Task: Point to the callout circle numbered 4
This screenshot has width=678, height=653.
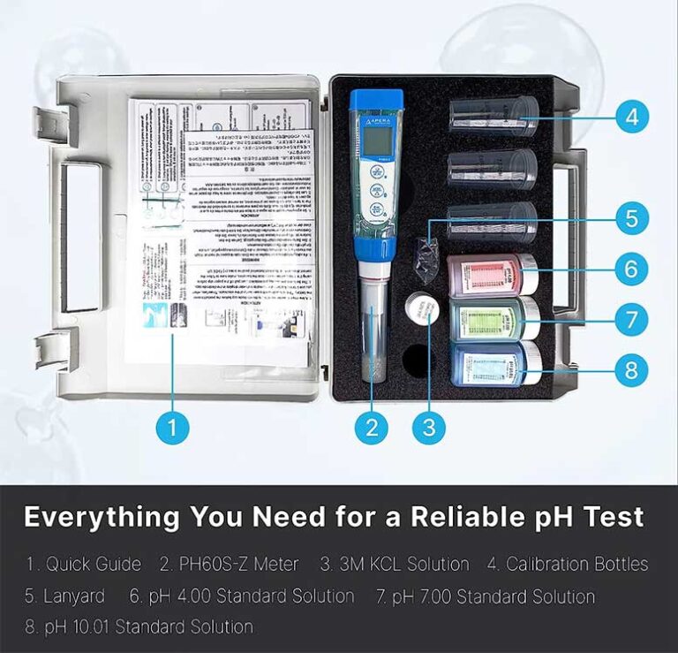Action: (x=631, y=116)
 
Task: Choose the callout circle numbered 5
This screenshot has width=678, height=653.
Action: (x=631, y=217)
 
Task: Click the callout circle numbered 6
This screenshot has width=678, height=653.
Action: (x=631, y=269)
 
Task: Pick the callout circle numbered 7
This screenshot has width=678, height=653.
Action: (x=631, y=319)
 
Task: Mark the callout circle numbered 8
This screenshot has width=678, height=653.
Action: (x=631, y=370)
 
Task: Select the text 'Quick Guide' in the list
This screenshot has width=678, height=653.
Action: (x=93, y=564)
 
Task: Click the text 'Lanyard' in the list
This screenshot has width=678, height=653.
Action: (x=74, y=596)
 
